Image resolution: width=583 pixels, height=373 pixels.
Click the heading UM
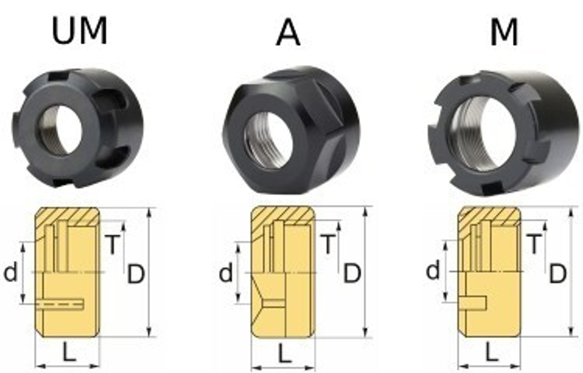(79, 31)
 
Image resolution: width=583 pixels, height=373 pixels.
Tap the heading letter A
(288, 32)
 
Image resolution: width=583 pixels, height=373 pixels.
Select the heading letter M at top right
(504, 32)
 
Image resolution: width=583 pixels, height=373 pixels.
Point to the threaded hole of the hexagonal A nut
(269, 140)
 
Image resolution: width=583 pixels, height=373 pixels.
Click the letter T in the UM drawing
(113, 244)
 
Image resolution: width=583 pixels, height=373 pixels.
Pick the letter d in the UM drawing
(10, 272)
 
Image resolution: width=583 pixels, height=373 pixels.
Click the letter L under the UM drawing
(69, 352)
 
